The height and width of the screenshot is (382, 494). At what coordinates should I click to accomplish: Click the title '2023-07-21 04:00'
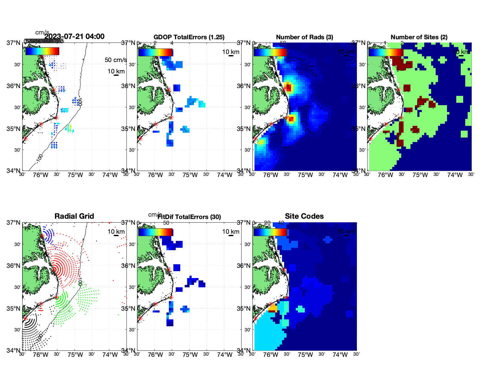click(75, 37)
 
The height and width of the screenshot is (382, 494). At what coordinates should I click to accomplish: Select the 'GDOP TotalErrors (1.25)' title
click(189, 37)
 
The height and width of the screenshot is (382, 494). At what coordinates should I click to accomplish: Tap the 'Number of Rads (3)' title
click(304, 37)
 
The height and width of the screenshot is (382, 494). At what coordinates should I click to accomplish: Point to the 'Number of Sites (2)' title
click(419, 37)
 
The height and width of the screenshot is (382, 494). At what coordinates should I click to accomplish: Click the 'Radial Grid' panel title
click(74, 216)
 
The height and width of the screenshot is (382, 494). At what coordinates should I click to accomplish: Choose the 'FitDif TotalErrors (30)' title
click(189, 217)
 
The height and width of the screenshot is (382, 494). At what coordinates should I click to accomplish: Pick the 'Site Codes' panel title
click(304, 216)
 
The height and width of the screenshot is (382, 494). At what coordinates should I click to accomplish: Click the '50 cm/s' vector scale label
click(116, 60)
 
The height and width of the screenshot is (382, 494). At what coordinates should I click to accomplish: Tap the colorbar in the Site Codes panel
click(270, 232)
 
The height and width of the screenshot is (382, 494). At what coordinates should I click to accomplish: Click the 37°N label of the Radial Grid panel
click(13, 223)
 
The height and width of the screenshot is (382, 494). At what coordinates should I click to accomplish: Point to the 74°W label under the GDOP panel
click(225, 175)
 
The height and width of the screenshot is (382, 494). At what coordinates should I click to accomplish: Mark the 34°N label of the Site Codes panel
click(243, 350)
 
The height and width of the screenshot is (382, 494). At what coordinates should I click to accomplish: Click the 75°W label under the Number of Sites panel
click(420, 175)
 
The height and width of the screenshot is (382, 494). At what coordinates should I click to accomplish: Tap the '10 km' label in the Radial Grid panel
click(116, 232)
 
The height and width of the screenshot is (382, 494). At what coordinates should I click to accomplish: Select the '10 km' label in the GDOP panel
click(231, 52)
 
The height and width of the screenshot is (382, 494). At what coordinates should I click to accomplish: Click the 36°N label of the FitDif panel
click(128, 266)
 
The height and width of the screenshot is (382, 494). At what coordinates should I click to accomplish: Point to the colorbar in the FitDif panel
click(155, 232)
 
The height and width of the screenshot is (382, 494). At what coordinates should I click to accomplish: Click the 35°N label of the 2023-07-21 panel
click(13, 129)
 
